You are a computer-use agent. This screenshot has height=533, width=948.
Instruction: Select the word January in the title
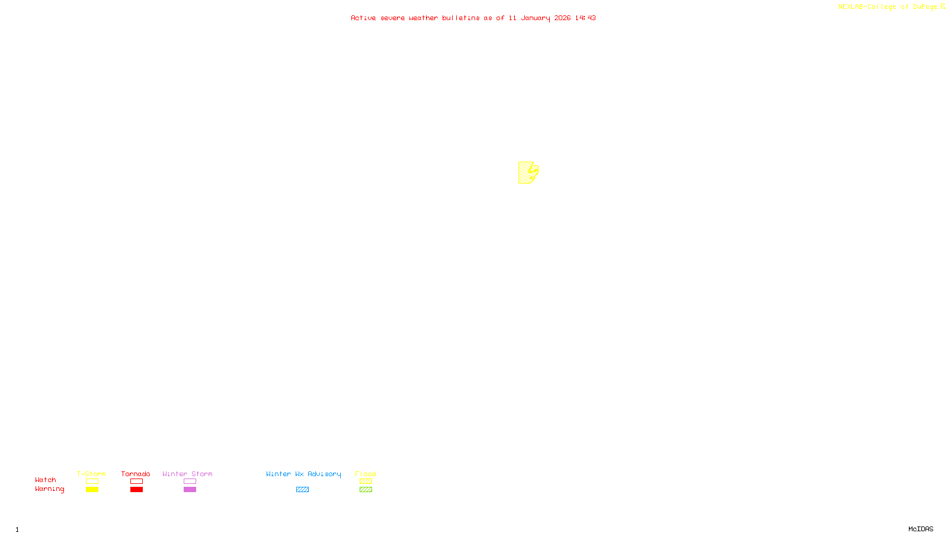point(536,18)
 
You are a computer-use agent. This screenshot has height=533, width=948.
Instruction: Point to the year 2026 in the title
point(563,18)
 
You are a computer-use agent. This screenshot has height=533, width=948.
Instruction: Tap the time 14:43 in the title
point(585,18)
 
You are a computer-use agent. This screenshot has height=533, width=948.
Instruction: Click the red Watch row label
point(46,480)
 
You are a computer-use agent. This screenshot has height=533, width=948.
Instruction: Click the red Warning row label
point(49,489)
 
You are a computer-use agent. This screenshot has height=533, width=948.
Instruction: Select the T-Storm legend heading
point(91,474)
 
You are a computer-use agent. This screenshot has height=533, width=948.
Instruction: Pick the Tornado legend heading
point(136,474)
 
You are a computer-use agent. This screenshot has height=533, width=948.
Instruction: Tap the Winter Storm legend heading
point(187,474)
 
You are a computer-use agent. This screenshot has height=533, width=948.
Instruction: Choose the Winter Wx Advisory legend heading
point(303,474)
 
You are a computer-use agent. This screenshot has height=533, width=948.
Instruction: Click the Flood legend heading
point(366,474)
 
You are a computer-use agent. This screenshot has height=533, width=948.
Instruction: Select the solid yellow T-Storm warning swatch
point(92,490)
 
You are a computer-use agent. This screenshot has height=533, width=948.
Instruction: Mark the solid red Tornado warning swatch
point(137,490)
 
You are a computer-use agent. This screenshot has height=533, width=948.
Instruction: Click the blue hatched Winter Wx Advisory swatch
point(302,490)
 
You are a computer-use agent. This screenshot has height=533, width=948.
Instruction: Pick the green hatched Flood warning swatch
point(366,490)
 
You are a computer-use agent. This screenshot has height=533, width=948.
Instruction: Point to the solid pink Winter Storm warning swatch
point(190,490)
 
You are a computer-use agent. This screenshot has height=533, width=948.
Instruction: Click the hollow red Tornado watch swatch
point(137,481)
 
